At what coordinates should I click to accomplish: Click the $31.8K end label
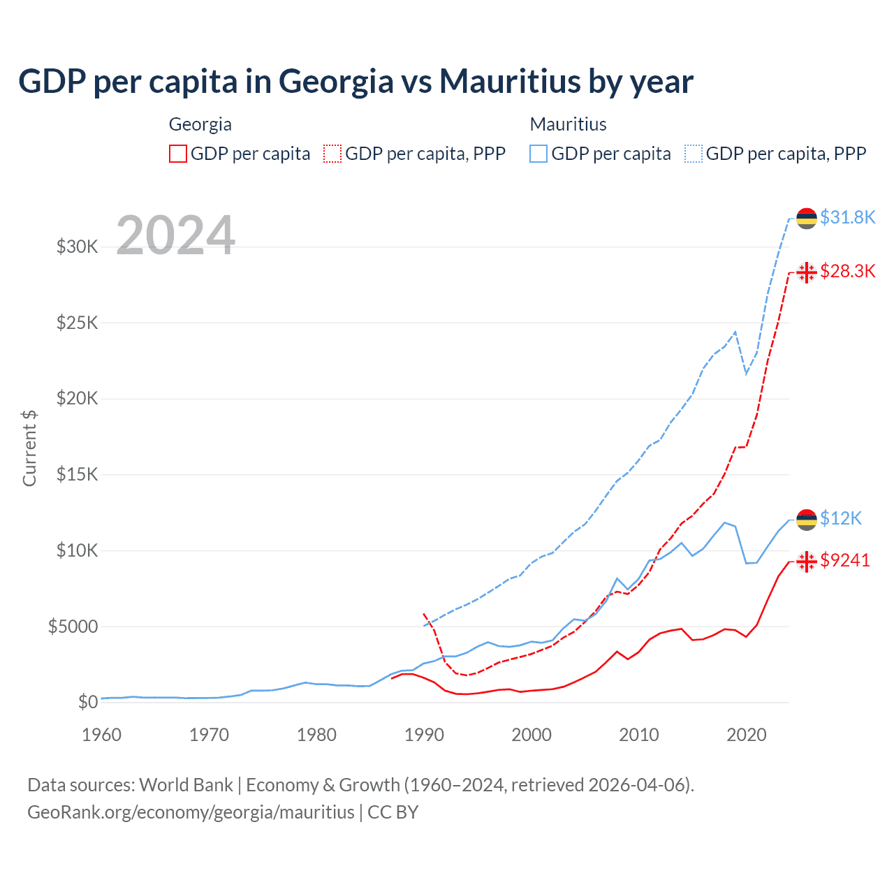coord(847,217)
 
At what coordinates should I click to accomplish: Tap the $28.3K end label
coord(847,271)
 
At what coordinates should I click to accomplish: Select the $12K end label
coord(840,518)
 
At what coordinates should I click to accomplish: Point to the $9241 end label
coord(844,560)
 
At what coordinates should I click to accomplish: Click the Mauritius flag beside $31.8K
coord(807,219)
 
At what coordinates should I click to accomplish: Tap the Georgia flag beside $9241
coord(807,561)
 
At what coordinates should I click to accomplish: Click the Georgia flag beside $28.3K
coord(807,272)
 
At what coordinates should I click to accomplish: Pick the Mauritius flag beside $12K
coord(807,520)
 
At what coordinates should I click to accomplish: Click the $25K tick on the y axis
coord(78,323)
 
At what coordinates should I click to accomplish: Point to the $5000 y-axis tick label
coord(73,626)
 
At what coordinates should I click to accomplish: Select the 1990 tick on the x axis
coord(424,735)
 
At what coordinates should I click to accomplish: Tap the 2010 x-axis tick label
coord(639,735)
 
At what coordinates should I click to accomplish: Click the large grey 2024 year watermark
coord(175,235)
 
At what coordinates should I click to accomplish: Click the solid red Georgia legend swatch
coord(178,154)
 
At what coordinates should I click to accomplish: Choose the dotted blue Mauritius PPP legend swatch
coord(694,154)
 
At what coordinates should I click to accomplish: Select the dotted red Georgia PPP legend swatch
coord(332,154)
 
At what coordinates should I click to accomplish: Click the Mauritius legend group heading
coord(568,124)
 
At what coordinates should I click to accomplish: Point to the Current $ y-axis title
coord(29,448)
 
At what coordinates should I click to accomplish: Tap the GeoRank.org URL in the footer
coord(191,812)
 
